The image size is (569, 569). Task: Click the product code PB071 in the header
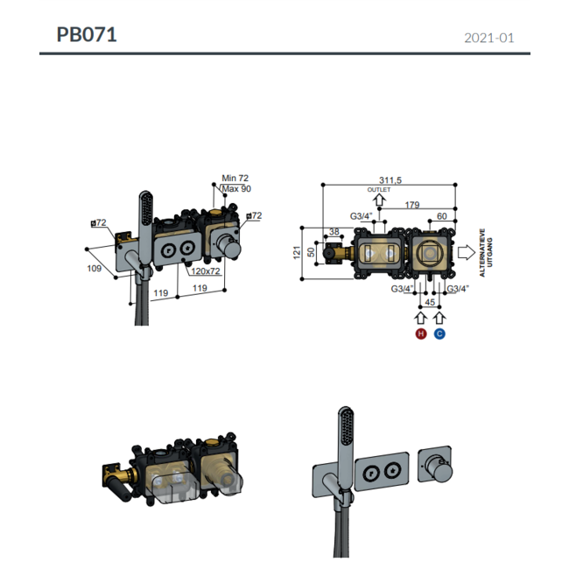(87, 35)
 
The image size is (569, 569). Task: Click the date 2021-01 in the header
(488, 38)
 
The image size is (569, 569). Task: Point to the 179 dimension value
(411, 206)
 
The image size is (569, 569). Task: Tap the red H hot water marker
(421, 334)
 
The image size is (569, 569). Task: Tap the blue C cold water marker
(439, 334)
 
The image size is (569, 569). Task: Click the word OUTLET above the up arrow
(379, 189)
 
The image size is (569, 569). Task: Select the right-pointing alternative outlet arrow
(467, 254)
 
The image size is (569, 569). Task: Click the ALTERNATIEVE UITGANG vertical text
(485, 254)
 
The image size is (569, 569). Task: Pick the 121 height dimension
(297, 252)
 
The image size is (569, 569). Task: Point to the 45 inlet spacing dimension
(430, 302)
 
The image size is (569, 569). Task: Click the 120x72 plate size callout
(204, 272)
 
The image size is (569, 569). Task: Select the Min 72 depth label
(236, 178)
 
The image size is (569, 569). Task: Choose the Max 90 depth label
(236, 188)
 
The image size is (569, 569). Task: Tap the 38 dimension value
(334, 233)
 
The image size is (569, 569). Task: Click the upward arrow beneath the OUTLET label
(378, 202)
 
